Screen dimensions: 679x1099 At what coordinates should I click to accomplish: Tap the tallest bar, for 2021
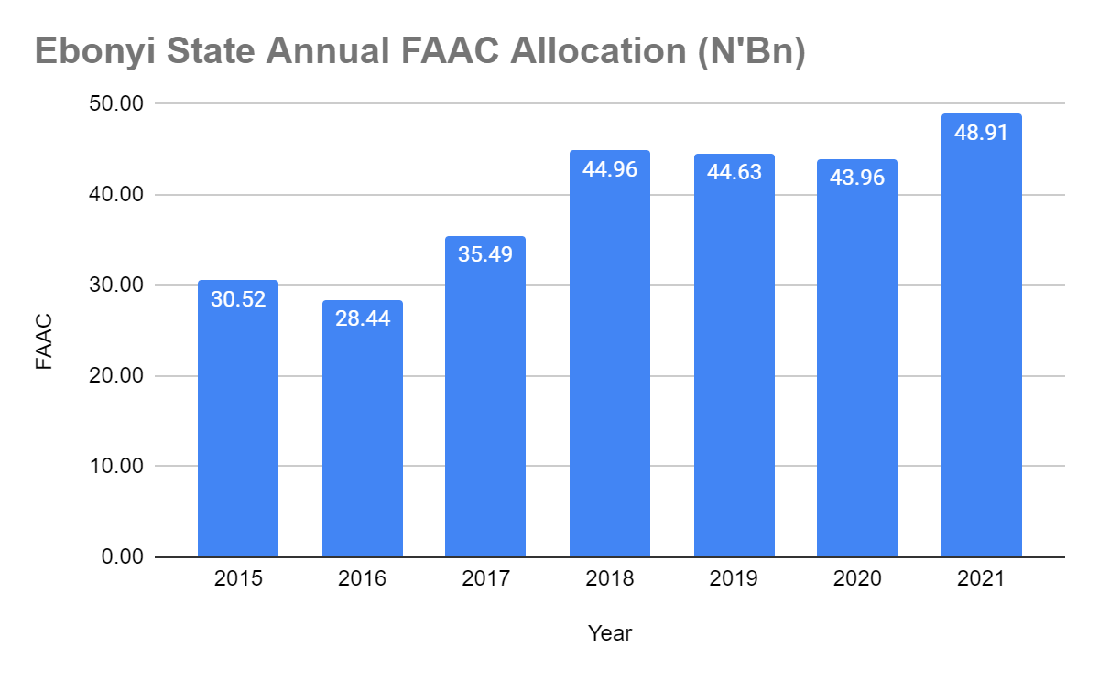point(981,348)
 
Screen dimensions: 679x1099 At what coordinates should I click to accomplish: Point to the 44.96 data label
point(610,169)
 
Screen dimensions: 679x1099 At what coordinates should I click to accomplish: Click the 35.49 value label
point(485,254)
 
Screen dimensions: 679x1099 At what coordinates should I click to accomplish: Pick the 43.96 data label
point(857,178)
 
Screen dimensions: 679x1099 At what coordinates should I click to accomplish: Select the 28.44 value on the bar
point(362,319)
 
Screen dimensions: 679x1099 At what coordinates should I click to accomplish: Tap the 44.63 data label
point(734,172)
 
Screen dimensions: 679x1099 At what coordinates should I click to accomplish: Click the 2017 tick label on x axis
point(485,579)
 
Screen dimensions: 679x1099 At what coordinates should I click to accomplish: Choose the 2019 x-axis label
point(734,579)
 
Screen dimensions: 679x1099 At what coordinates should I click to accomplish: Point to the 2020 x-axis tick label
point(857,579)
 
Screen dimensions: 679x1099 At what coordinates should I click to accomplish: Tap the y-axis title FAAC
point(44,342)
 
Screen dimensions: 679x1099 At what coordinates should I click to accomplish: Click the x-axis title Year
point(610,632)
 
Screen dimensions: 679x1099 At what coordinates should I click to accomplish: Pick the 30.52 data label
point(238,299)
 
